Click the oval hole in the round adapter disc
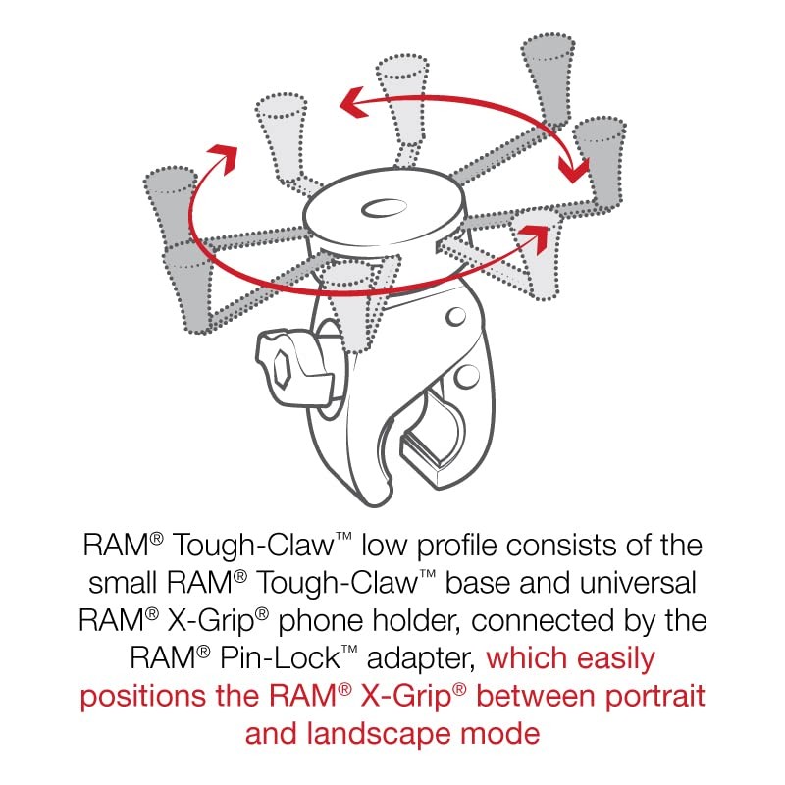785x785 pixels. (x=384, y=208)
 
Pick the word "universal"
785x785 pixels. (x=636, y=583)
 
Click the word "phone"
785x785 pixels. (x=321, y=622)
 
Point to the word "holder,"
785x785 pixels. (x=416, y=621)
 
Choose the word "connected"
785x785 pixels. (x=543, y=621)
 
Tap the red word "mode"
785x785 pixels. (x=500, y=734)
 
